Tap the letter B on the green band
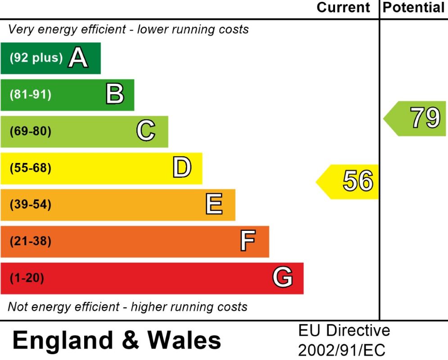114,95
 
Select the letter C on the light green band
145,131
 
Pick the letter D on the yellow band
182,168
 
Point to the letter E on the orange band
214,205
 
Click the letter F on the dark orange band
248,241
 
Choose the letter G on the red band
282,278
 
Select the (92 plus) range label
36,58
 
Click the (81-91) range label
31,95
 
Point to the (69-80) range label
31,131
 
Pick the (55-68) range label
31,168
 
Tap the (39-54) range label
31,205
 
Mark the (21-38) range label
31,242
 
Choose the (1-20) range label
27,278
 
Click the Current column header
344,8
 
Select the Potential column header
413,8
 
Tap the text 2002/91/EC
342,350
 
